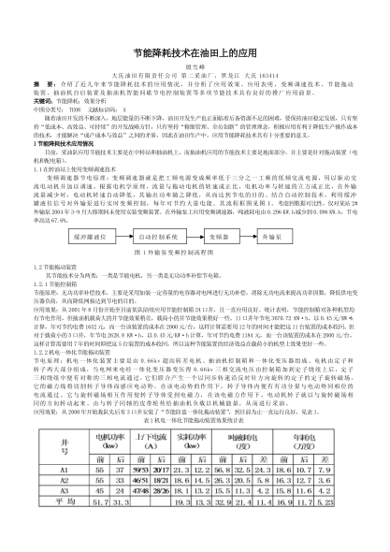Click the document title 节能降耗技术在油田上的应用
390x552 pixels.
point(195,54)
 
